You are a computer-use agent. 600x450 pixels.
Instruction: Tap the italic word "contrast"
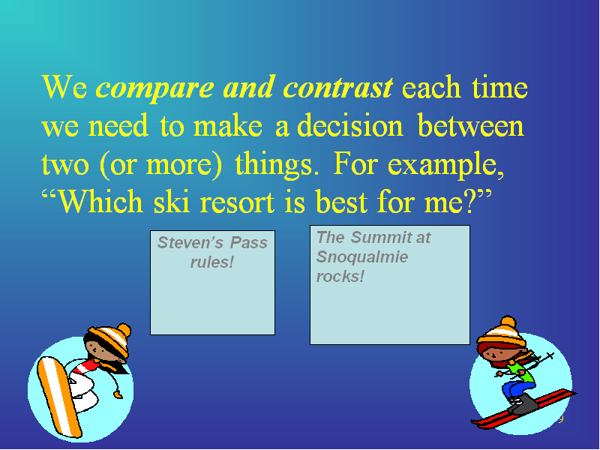tap(338, 87)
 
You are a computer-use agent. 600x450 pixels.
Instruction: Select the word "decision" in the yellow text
tap(350, 125)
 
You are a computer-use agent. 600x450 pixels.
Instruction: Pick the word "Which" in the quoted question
tap(102, 201)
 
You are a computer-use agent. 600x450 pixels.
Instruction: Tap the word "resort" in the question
tap(237, 202)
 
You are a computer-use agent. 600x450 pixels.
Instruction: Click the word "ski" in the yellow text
tap(172, 201)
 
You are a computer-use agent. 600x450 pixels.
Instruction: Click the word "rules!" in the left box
tap(212, 262)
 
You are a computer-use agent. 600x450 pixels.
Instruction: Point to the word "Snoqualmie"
tap(362, 256)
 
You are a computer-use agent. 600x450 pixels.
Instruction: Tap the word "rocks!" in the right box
tap(340, 276)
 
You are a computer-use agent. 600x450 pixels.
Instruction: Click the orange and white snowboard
tap(59, 397)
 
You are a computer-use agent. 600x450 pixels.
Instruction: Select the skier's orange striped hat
tap(501, 331)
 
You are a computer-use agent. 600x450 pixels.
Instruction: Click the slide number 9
tap(561, 419)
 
